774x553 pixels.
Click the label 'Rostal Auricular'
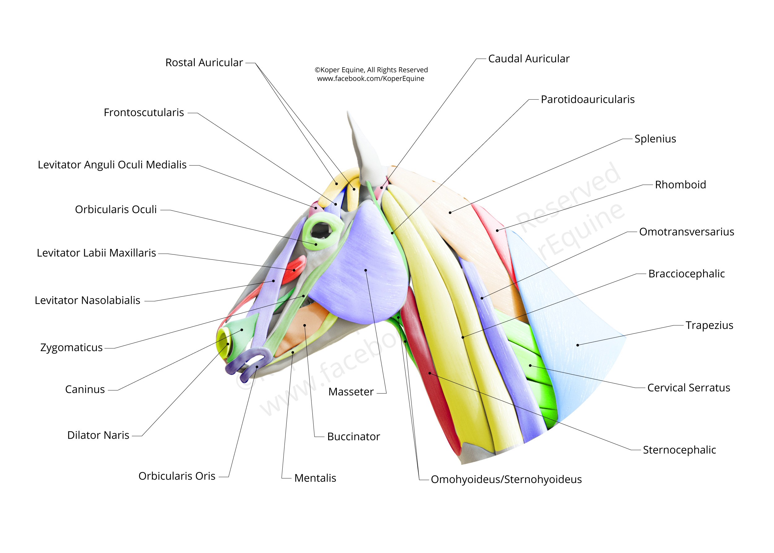[204, 63]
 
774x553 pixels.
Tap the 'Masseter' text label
[350, 392]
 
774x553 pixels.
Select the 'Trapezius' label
[709, 325]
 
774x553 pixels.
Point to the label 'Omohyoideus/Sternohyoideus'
[506, 479]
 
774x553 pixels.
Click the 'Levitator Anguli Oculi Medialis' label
[112, 165]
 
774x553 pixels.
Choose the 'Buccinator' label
[353, 437]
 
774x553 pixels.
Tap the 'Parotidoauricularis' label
[587, 99]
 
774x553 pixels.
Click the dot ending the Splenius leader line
[450, 212]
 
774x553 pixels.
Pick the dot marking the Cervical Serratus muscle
[530, 366]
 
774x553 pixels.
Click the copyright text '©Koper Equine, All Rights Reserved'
[371, 70]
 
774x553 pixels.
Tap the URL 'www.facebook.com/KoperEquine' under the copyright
[371, 79]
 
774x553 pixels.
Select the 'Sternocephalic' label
[679, 450]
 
